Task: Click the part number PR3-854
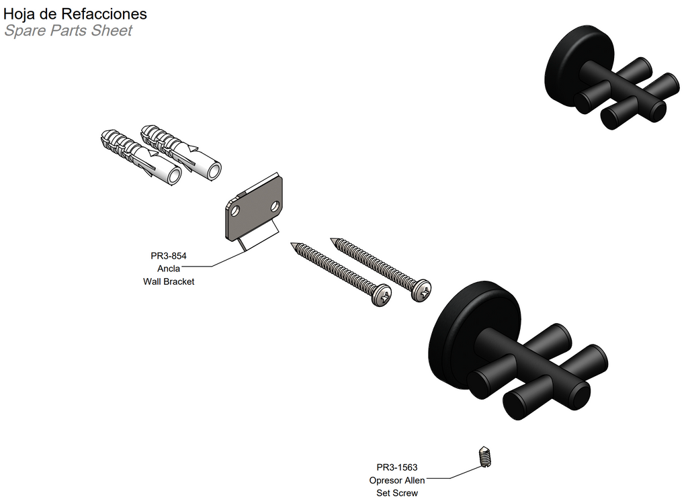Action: point(169,256)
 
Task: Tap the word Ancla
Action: point(169,269)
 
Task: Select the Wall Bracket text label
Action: point(169,281)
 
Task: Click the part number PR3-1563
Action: point(397,467)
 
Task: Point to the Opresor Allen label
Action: point(397,480)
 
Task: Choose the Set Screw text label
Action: point(397,493)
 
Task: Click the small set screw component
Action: point(484,457)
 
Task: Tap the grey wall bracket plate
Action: point(254,208)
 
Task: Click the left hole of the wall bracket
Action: point(235,211)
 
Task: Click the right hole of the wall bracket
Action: point(275,205)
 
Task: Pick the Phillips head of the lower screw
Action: point(382,295)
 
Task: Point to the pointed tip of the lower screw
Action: point(292,244)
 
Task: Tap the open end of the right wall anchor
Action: point(214,170)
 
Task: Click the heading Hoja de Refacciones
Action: point(75,13)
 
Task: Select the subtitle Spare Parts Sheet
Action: point(68,31)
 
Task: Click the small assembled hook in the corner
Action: point(611,77)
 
